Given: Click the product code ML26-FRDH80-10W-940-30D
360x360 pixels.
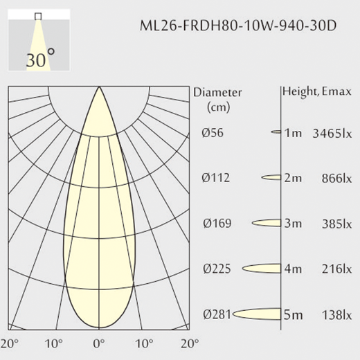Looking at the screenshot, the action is (x=238, y=26).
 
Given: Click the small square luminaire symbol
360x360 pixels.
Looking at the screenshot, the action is (x=38, y=16).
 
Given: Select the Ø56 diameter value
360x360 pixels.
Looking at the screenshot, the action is (x=213, y=133).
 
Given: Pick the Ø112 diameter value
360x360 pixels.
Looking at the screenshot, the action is (x=216, y=178).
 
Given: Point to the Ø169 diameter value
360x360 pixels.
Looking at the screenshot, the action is (x=217, y=223).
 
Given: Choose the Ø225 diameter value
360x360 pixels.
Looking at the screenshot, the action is (x=217, y=269).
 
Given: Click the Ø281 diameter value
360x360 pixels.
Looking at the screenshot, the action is (x=217, y=314).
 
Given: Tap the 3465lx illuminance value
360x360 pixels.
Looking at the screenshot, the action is (x=332, y=134).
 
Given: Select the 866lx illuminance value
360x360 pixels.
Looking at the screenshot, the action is (x=336, y=179).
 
